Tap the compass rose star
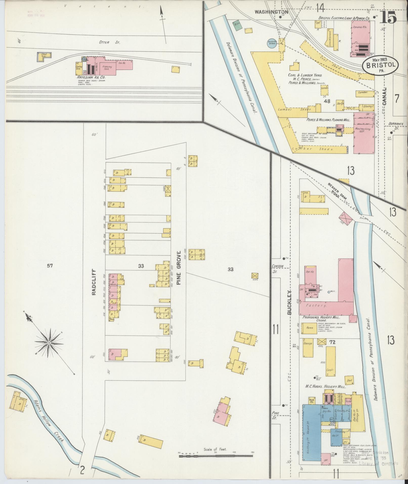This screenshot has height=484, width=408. tap(49, 343)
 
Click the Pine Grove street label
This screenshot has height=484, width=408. tap(179, 268)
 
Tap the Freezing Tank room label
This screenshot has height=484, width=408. tap(107, 68)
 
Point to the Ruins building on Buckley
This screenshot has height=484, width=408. tap(310, 328)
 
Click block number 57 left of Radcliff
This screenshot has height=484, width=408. tap(50, 266)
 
